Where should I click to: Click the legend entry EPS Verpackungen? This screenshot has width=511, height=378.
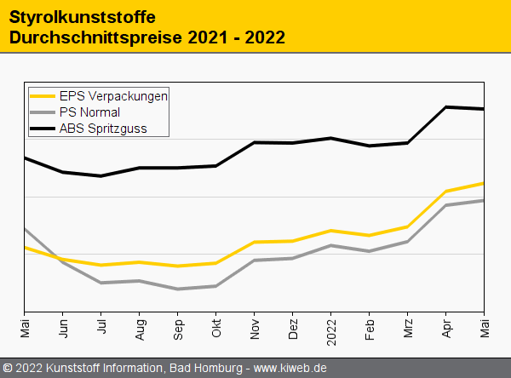[113, 95]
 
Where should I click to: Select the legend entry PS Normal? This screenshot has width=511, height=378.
[89, 112]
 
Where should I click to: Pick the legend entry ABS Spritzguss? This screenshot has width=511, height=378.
[102, 129]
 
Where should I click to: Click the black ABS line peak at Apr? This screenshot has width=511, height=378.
[446, 107]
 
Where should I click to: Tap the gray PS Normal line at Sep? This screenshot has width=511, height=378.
[178, 289]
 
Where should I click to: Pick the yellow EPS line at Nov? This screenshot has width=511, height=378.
[255, 242]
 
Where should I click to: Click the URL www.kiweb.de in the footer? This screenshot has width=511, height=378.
[290, 369]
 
